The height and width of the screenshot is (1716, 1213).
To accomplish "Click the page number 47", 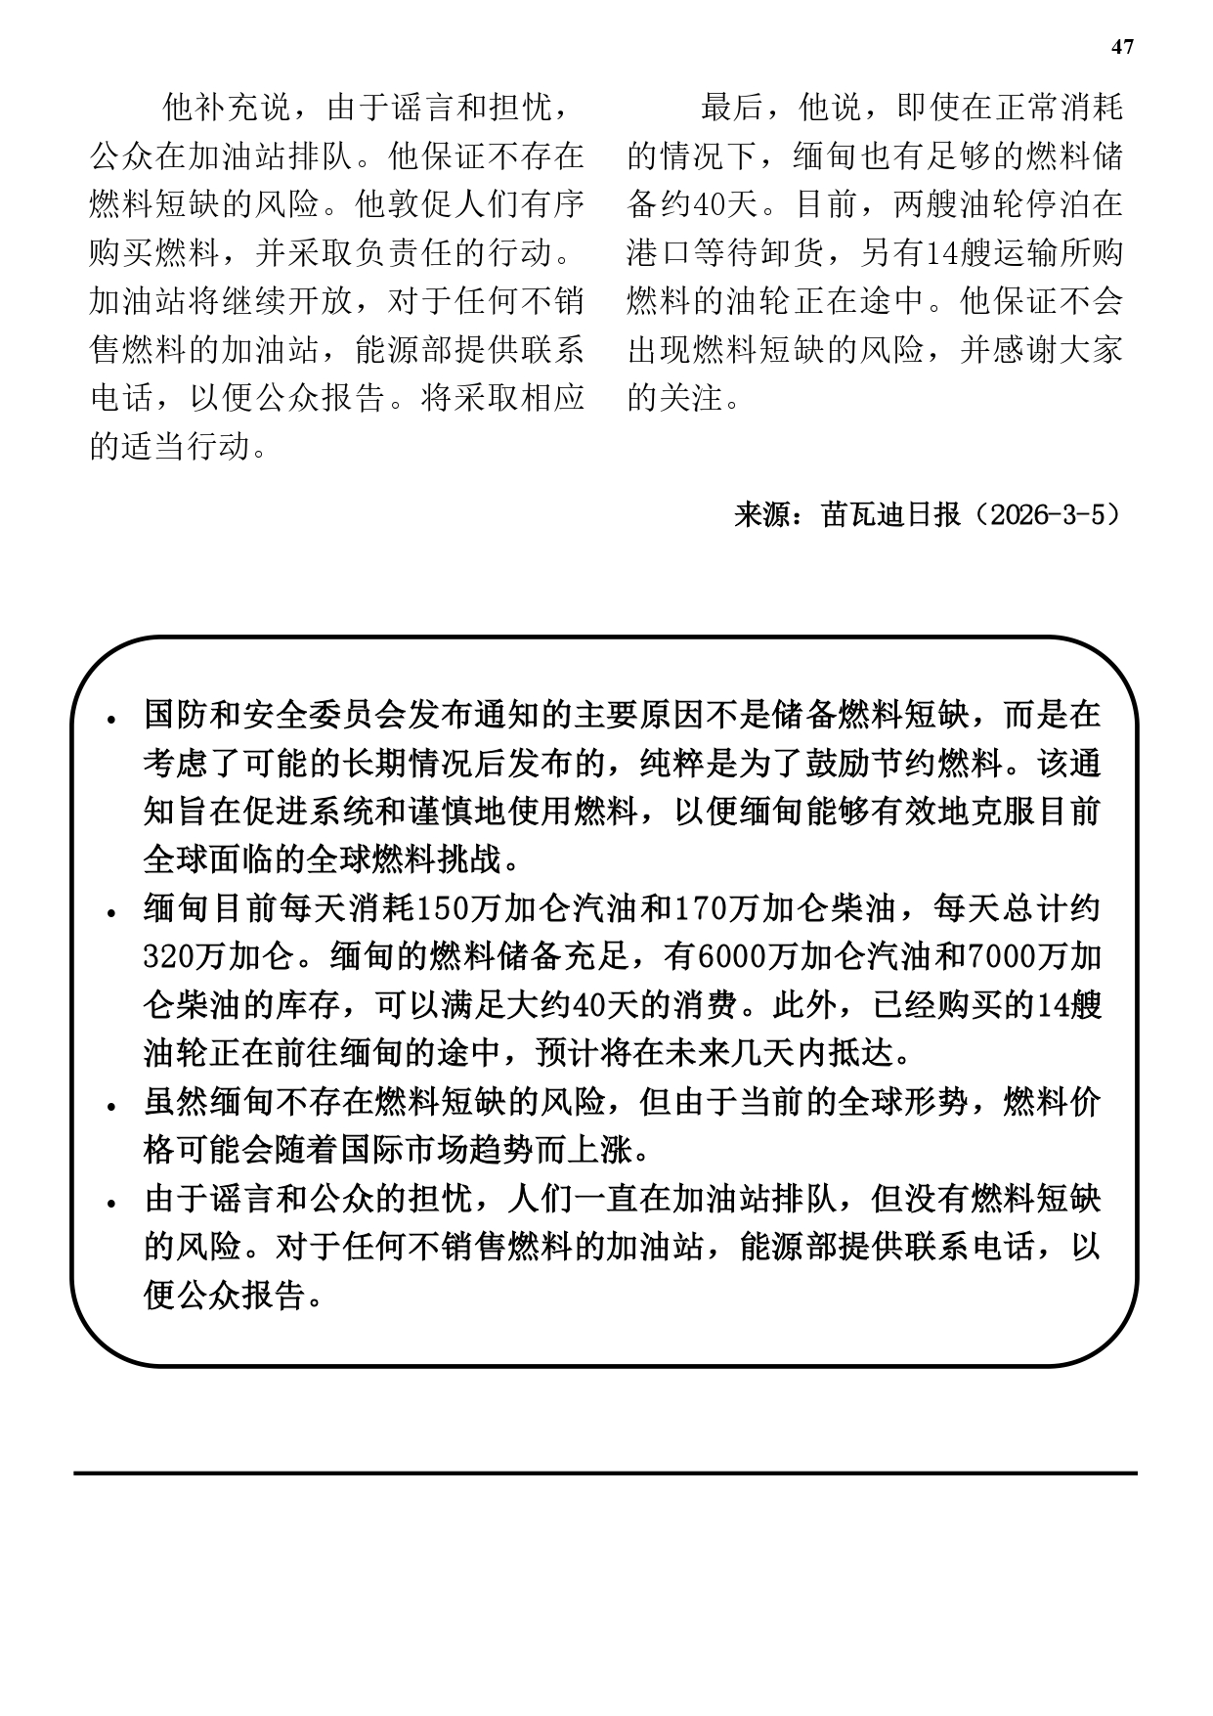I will tap(1123, 47).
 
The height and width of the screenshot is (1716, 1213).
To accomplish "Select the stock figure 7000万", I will tap(1017, 957).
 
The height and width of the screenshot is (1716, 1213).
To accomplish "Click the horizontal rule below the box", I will tap(606, 1472).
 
